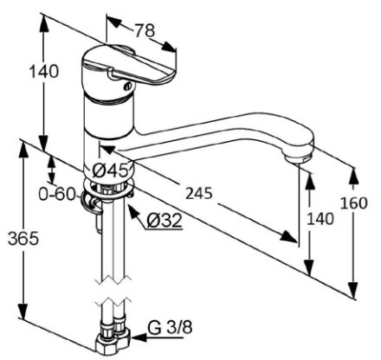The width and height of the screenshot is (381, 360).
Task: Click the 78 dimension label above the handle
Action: [145, 30]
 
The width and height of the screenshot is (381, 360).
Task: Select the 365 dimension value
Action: [23, 239]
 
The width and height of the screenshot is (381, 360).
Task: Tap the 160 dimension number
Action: [354, 203]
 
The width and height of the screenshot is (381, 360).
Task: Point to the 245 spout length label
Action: [198, 193]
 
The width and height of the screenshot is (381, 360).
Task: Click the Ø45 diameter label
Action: [111, 170]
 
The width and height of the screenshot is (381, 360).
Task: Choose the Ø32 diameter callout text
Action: [165, 221]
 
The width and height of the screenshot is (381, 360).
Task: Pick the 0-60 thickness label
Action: [57, 194]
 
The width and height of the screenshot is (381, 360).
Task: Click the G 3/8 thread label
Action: [170, 328]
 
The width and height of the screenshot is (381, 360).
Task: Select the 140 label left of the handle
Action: [44, 71]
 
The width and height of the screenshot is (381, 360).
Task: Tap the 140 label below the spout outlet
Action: [320, 219]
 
